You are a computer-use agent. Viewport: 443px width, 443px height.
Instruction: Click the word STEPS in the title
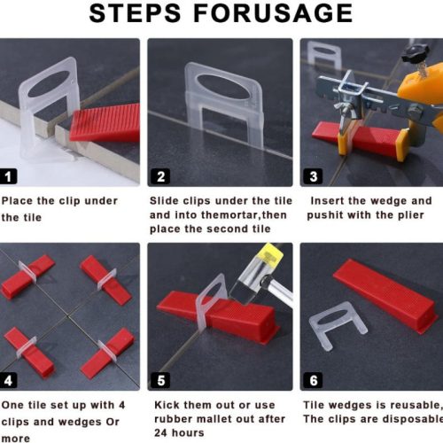pos(135,13)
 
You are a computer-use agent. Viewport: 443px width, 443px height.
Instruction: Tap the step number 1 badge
pos(8,176)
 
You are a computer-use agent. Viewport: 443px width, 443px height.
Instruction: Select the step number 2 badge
pos(160,176)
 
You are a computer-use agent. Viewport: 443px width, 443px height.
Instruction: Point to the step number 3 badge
pos(313,176)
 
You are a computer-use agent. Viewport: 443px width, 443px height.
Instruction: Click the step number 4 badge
pos(8,380)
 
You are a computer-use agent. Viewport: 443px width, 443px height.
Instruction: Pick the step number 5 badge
pos(160,380)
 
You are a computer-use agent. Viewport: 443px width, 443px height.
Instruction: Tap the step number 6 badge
pos(313,380)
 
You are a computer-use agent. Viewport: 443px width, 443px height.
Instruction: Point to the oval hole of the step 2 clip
pos(223,87)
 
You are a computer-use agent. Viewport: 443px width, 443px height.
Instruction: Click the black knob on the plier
pos(416,54)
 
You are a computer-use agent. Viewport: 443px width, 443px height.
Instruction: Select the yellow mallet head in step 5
pos(271,254)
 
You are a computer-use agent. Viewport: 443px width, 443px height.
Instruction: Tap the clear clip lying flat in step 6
pos(337,325)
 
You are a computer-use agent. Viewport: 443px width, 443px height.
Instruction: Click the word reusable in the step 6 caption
pos(416,406)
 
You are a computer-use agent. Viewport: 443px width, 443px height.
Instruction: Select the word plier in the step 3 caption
pos(411,215)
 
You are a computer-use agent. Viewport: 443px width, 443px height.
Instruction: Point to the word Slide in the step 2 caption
pos(164,201)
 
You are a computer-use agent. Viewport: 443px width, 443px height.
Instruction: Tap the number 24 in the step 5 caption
pos(160,433)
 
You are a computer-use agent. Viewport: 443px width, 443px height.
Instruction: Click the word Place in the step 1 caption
pos(17,201)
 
